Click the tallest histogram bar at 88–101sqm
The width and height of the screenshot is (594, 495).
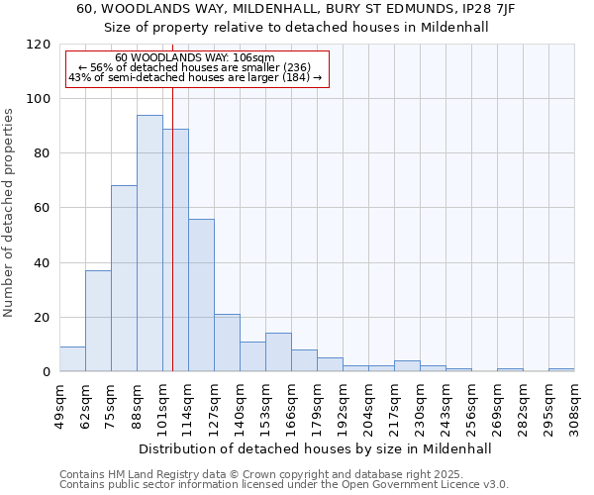point(149,244)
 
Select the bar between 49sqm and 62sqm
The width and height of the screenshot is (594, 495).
point(72,359)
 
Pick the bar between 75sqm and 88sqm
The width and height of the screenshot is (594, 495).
point(124,278)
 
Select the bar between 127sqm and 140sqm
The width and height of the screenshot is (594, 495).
point(227,343)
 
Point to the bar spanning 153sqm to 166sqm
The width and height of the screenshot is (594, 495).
point(278,352)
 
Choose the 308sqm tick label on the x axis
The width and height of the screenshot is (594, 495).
point(574,405)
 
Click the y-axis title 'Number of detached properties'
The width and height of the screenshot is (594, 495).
point(9,213)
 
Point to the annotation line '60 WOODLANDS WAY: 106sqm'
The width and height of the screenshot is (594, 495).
point(195,58)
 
